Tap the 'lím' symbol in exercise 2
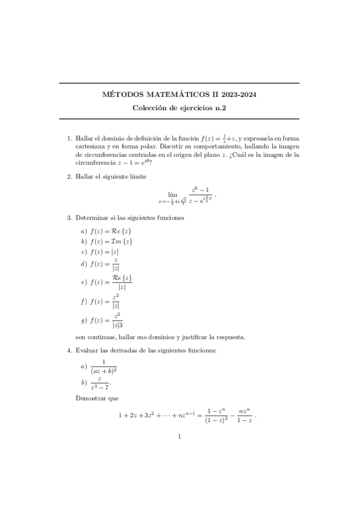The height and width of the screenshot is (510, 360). pyautogui.click(x=173, y=194)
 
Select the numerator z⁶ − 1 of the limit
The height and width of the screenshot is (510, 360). pyautogui.click(x=200, y=190)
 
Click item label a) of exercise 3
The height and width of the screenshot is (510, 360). pyautogui.click(x=83, y=231)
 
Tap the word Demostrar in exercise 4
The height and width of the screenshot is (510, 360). pyautogui.click(x=89, y=398)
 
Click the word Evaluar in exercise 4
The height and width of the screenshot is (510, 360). pyautogui.click(x=88, y=350)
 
